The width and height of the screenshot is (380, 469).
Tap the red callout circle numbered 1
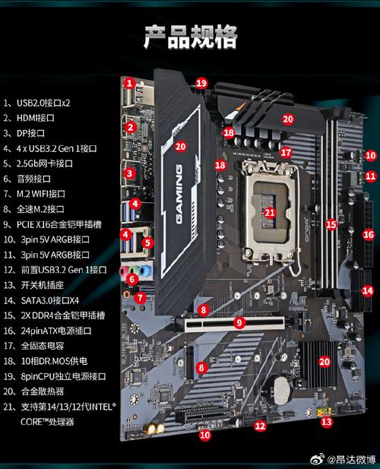(x=130, y=83)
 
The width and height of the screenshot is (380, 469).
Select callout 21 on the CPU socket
(x=269, y=214)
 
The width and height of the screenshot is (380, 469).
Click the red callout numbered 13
(x=327, y=421)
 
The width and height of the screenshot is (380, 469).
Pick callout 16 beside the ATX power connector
(x=369, y=235)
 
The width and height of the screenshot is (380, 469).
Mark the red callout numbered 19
(x=201, y=83)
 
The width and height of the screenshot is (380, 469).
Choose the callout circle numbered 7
(x=140, y=299)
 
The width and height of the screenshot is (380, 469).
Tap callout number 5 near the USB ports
(x=148, y=243)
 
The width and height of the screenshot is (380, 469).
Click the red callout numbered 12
(x=260, y=426)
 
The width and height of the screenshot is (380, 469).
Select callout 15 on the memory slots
(x=331, y=224)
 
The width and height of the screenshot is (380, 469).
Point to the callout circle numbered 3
(x=130, y=173)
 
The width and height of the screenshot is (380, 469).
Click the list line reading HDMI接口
(x=31, y=118)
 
